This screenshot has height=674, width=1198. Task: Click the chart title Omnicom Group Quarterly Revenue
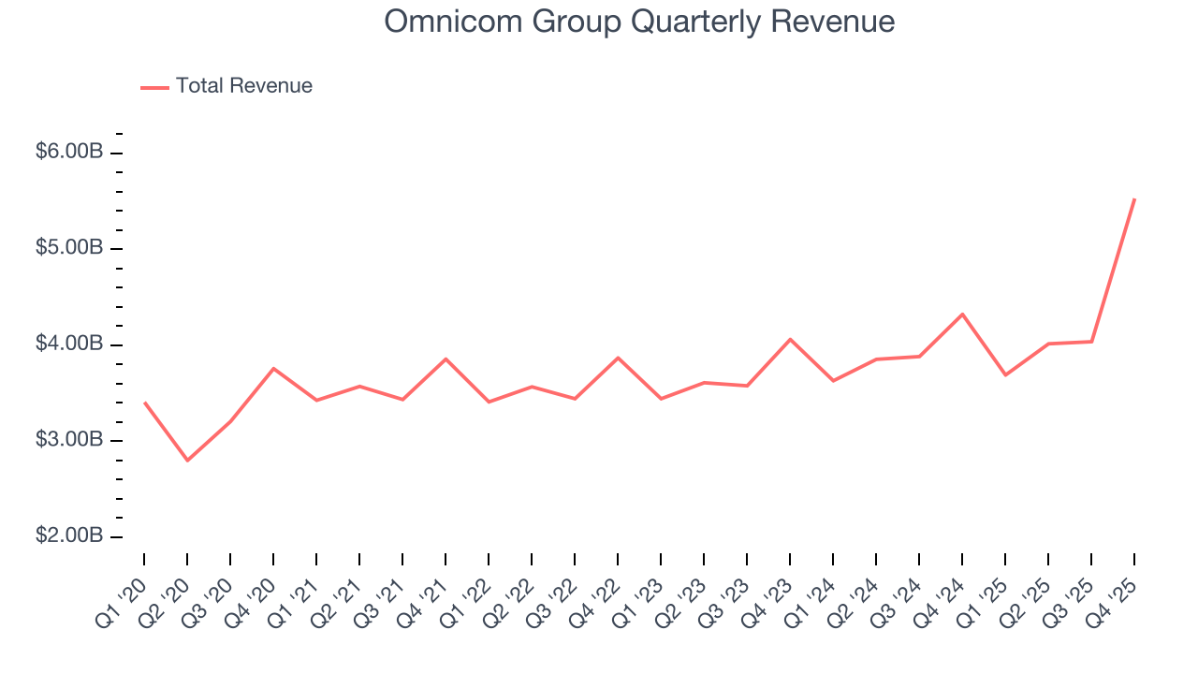point(639,22)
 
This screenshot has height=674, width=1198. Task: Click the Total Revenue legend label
point(243,86)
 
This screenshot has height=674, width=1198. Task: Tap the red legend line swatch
point(154,87)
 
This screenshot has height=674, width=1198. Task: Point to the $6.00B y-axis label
point(69,152)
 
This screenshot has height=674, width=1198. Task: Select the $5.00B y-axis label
point(69,248)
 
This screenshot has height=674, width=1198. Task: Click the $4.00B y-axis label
point(69,344)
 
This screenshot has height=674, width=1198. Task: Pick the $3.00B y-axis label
point(69,440)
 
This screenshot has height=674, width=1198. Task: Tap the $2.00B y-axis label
point(69,536)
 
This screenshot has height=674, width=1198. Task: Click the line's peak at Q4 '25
point(1134,198)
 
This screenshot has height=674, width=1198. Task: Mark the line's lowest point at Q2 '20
point(187,461)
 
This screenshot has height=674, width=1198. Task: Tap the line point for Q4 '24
point(962,314)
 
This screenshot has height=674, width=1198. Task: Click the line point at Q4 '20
point(273,368)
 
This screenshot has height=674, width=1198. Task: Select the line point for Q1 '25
point(1005,375)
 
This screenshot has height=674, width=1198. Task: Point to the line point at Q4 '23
point(790,339)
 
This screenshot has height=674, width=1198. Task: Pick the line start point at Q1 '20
point(144,403)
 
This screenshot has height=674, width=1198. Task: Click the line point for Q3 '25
point(1091,342)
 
